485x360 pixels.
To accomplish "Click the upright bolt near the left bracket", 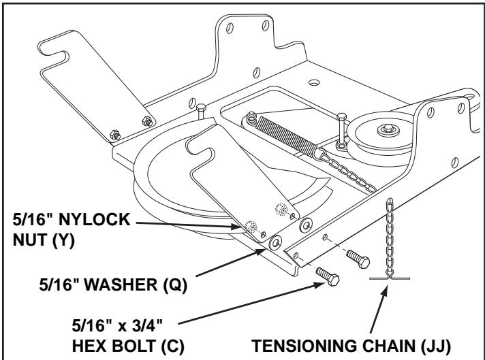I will coord(202,112).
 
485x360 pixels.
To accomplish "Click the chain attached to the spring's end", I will coord(341,163).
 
